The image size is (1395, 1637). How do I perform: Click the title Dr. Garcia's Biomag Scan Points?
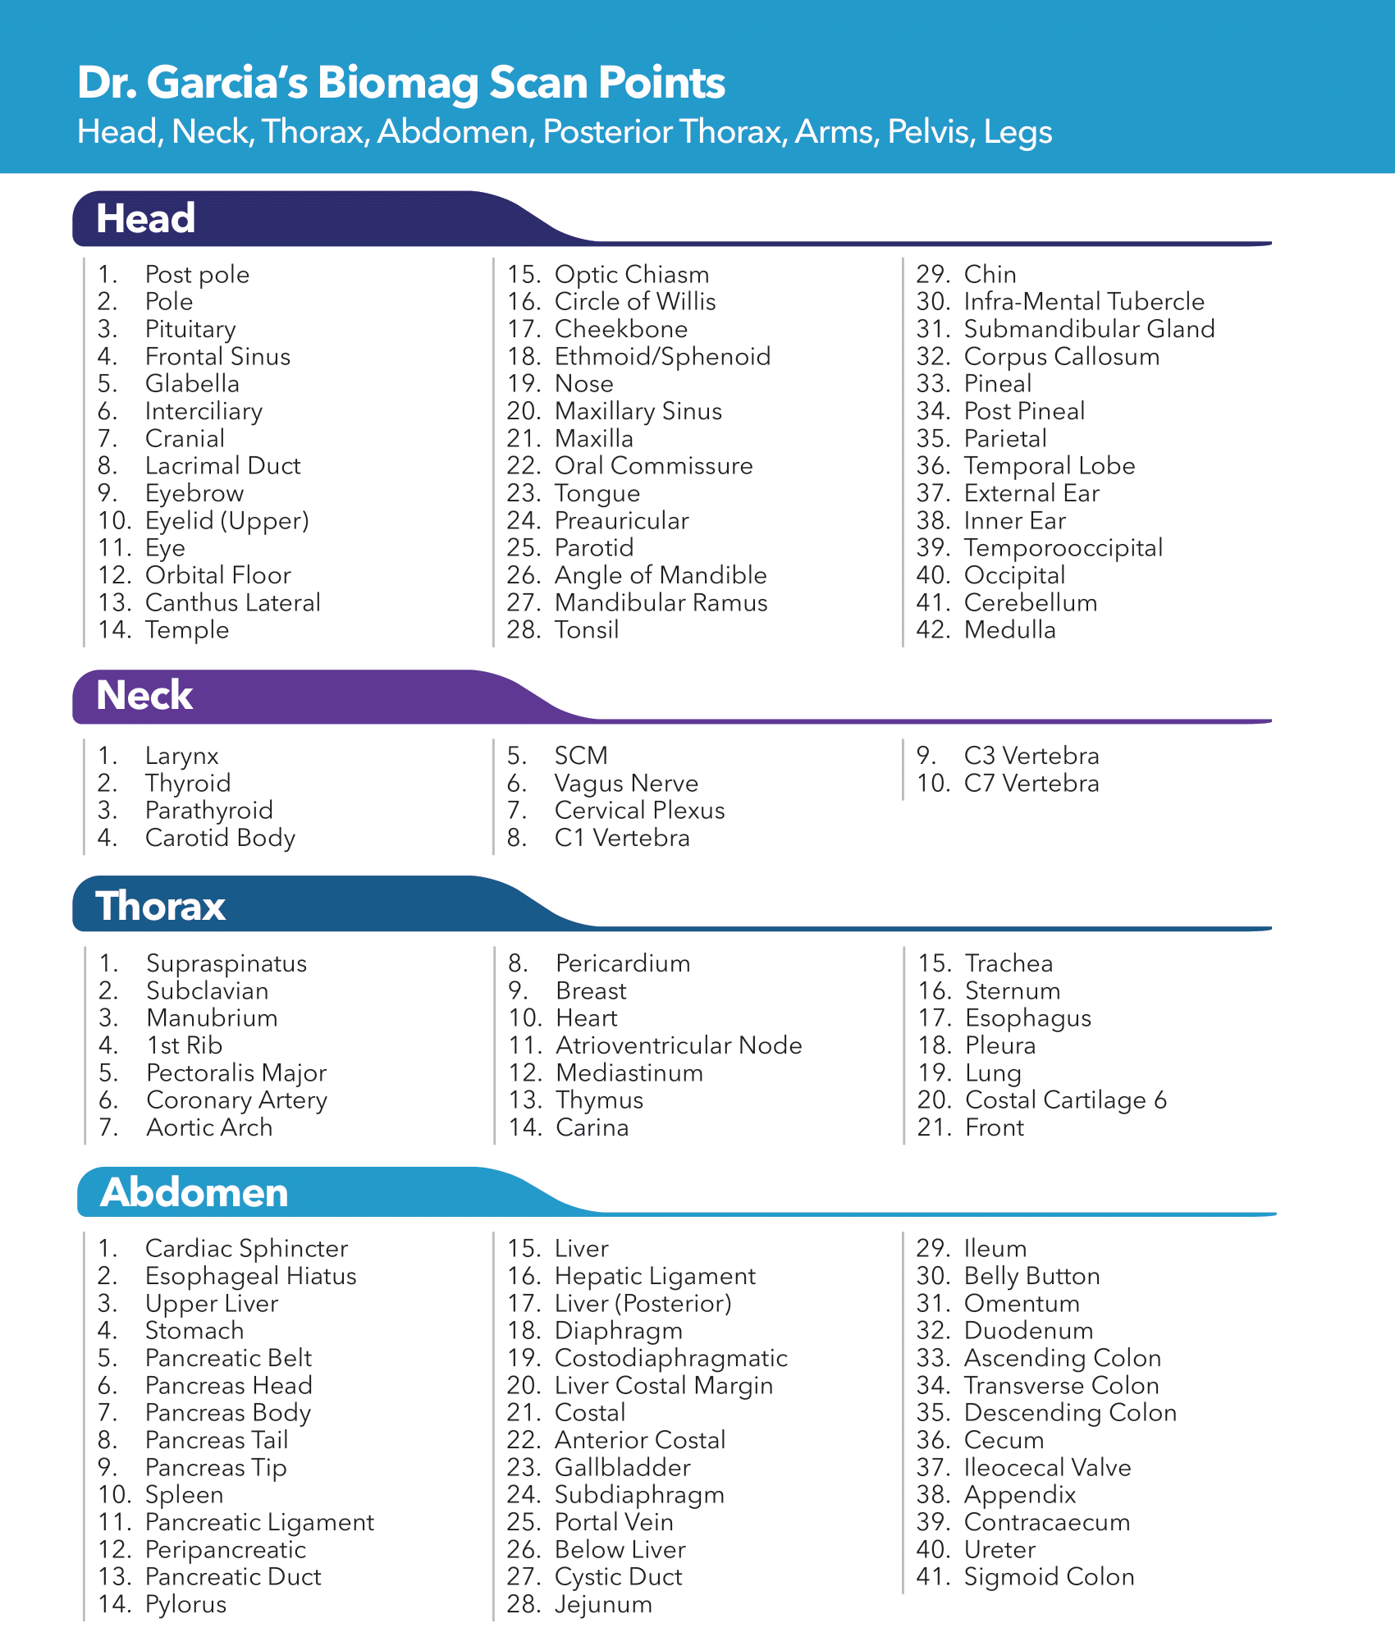[x=400, y=83]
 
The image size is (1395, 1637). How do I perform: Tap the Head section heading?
[x=145, y=219]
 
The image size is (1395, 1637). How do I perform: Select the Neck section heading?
[x=144, y=696]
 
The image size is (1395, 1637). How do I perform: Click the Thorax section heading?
[x=160, y=907]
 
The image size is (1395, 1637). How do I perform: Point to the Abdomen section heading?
[x=194, y=1193]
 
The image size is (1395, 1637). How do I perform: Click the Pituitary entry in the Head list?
[x=190, y=329]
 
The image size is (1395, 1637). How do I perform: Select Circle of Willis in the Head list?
[x=634, y=302]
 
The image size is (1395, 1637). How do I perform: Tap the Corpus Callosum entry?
[x=1061, y=357]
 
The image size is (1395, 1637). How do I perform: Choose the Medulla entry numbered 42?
[x=1009, y=630]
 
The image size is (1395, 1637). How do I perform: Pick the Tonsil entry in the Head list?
[x=586, y=630]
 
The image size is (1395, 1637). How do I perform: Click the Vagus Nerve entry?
[x=625, y=784]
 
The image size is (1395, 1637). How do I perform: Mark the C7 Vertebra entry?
[x=1031, y=784]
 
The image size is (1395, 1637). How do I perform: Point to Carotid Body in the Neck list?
[x=220, y=838]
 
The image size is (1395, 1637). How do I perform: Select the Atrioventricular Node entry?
[x=678, y=1045]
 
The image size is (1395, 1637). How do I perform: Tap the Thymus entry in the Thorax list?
[x=599, y=1100]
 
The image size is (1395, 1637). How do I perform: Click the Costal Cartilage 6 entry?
[x=1065, y=1100]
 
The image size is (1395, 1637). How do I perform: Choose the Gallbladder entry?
[x=622, y=1467]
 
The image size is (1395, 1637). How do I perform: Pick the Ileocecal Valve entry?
[x=1047, y=1467]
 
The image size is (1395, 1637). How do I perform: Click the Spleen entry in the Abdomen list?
[x=184, y=1495]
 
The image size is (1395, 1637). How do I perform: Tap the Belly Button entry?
[x=1031, y=1276]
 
